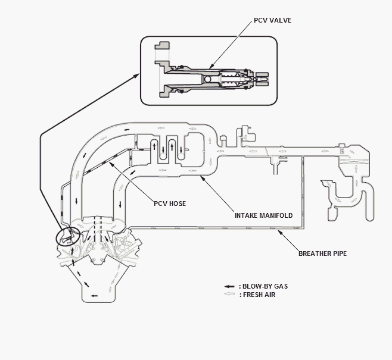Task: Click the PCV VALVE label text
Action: click(272, 20)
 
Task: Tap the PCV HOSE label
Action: click(170, 204)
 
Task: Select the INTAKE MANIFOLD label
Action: click(263, 215)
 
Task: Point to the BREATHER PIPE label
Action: click(322, 253)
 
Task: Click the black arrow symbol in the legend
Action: click(229, 286)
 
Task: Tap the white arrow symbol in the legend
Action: click(229, 294)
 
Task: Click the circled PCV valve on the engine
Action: click(68, 236)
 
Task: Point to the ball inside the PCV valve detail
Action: click(208, 79)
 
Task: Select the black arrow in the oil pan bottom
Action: click(94, 296)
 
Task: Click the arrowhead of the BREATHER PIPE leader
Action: click(280, 232)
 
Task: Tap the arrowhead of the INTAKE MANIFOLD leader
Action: click(202, 177)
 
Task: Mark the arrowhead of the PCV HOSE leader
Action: click(111, 164)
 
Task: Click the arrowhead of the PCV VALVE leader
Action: click(210, 67)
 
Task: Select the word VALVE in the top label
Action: click(281, 20)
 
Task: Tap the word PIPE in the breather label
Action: click(339, 253)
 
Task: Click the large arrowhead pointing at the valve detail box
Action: click(137, 75)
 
